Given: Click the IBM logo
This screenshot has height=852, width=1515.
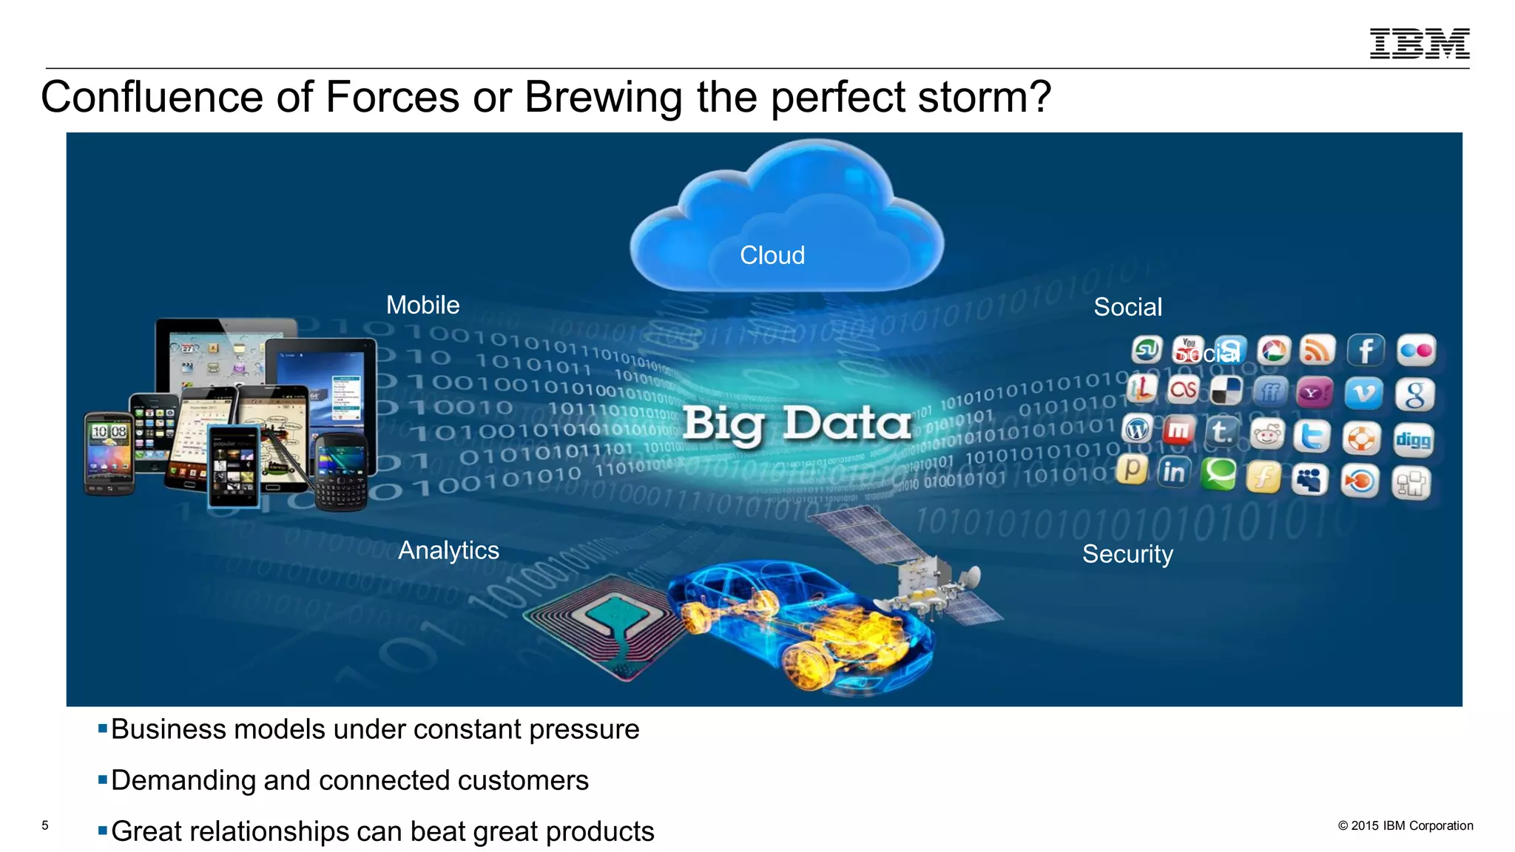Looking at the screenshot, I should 1419,44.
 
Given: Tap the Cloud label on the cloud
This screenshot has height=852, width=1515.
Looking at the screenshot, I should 772,255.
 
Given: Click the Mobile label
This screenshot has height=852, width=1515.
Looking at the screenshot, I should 422,305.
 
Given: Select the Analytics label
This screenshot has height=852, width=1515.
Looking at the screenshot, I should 448,550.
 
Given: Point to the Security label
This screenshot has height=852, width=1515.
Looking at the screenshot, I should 1127,554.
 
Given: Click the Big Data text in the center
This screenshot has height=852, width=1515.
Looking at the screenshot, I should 796,424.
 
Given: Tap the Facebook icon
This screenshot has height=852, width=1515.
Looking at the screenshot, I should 1366,351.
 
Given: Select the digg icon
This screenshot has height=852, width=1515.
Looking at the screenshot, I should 1413,441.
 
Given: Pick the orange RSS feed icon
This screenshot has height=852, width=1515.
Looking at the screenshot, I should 1317,351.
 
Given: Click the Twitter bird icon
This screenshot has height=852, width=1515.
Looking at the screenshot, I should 1312,436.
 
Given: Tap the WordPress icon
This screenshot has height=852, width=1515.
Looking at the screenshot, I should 1137,429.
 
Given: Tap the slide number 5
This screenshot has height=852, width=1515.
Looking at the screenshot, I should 45,825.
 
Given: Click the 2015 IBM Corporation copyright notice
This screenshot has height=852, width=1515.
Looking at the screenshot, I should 1405,826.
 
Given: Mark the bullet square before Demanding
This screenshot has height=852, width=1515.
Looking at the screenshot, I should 103,780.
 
